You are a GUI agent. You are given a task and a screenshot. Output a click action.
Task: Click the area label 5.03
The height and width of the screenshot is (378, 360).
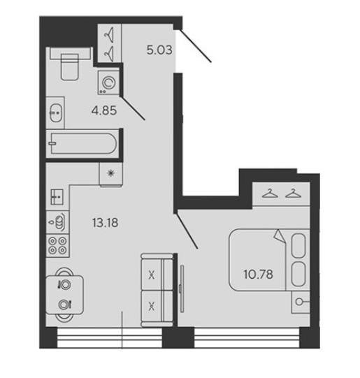click(159, 50)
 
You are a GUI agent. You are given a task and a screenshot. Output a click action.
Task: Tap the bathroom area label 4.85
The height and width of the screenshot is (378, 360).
click(104, 110)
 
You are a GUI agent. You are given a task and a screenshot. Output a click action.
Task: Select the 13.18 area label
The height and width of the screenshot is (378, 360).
click(106, 223)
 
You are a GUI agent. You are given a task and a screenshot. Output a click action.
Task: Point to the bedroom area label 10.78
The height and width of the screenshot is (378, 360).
click(258, 275)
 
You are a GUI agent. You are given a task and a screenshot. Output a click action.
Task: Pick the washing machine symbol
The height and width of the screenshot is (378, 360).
click(108, 82)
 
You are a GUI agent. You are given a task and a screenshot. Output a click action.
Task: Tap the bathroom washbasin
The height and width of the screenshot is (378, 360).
click(55, 112)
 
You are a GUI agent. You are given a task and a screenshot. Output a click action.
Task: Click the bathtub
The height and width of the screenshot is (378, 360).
click(82, 143)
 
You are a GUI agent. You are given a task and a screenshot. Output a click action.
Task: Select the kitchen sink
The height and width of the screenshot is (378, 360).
click(57, 197)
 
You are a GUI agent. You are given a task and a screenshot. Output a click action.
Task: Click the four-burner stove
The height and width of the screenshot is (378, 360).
click(57, 245)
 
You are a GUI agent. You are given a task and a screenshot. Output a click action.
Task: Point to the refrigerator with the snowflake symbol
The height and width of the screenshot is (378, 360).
click(110, 174)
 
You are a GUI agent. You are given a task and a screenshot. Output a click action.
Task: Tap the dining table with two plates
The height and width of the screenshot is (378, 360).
click(64, 295)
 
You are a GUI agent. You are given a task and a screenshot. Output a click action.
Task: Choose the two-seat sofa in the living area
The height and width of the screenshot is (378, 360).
click(157, 290)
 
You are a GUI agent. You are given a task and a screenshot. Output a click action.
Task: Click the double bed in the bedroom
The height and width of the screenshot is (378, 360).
click(269, 260)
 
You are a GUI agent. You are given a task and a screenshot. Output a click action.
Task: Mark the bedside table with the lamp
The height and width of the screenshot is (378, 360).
click(301, 302)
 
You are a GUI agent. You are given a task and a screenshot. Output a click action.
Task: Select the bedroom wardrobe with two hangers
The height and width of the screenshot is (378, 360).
click(281, 194)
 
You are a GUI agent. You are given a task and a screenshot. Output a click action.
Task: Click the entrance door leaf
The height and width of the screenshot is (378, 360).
click(196, 45)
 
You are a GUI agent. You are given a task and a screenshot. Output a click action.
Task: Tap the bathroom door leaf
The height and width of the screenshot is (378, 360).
click(133, 108)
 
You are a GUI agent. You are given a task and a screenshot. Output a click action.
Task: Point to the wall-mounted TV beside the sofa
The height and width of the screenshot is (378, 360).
click(182, 289)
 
